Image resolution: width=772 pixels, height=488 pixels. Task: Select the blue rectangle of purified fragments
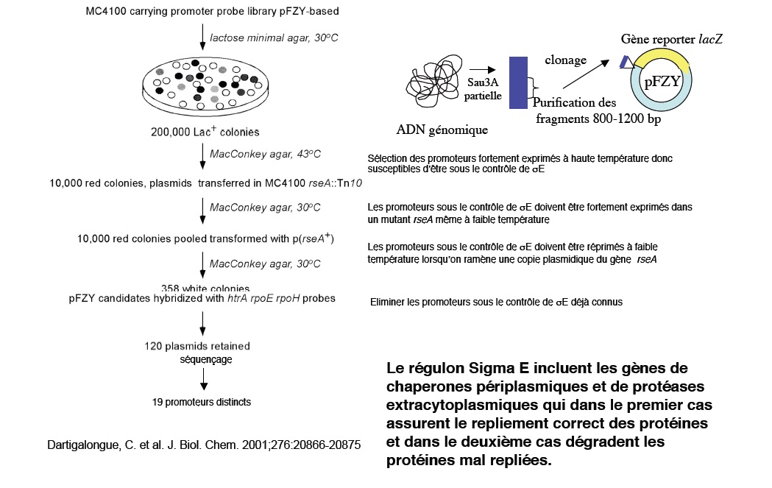pyautogui.click(x=518, y=82)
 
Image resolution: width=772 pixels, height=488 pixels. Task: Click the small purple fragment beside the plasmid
pyautogui.click(x=625, y=63)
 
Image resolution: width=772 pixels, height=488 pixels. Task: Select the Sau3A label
pyautogui.click(x=483, y=82)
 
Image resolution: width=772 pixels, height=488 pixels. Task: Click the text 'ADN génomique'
pyautogui.click(x=442, y=130)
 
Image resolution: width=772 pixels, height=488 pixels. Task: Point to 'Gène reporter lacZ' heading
pyautogui.click(x=671, y=38)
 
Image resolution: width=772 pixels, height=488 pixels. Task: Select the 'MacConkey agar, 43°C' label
pyautogui.click(x=265, y=154)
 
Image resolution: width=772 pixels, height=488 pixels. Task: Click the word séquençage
pyautogui.click(x=206, y=359)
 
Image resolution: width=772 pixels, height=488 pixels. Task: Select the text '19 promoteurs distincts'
pyautogui.click(x=201, y=402)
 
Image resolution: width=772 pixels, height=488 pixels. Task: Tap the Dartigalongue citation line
pyautogui.click(x=204, y=446)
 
